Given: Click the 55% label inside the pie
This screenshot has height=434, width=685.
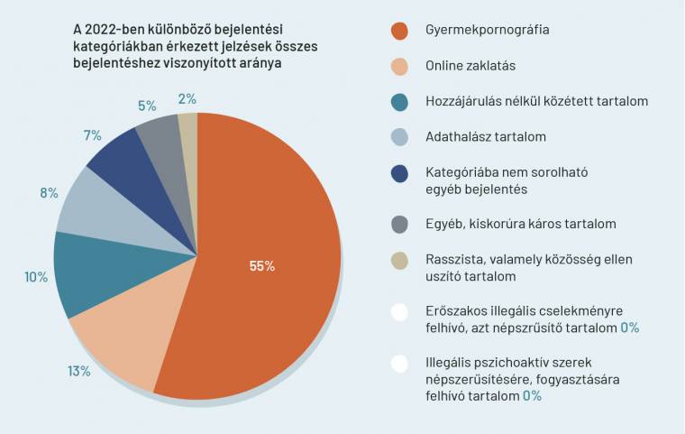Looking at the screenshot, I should click(262, 266).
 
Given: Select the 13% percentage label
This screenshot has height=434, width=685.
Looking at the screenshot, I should click(79, 371).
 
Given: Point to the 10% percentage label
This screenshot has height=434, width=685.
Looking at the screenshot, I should click(36, 277).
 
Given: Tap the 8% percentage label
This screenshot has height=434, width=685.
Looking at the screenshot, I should click(49, 192).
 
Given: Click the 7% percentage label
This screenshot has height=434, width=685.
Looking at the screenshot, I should click(92, 135).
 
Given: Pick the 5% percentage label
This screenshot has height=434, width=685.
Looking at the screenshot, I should click(147, 105).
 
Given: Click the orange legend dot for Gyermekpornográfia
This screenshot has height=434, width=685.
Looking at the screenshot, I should click(400, 30).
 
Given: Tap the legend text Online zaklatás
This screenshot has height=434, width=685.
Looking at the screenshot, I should click(470, 66).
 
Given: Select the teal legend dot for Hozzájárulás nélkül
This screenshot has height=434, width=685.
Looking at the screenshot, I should click(400, 102).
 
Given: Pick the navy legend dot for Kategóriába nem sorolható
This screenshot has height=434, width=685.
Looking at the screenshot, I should click(400, 172).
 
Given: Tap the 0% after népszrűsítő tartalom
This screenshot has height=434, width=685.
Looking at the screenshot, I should click(629, 328).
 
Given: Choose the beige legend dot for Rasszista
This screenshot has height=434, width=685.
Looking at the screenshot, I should click(400, 259).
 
